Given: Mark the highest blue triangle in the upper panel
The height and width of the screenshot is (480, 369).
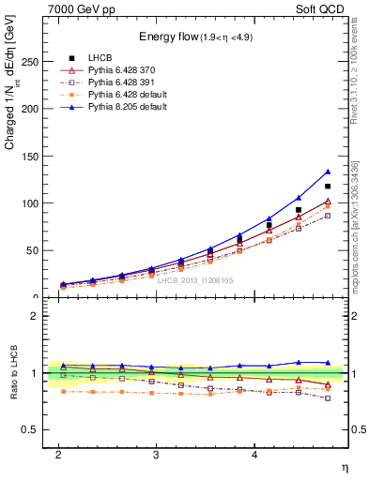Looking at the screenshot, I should (x=328, y=172).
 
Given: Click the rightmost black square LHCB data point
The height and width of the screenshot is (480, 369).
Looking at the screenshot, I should (x=328, y=186).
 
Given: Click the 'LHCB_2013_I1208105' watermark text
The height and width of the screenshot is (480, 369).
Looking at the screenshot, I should (x=194, y=280).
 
